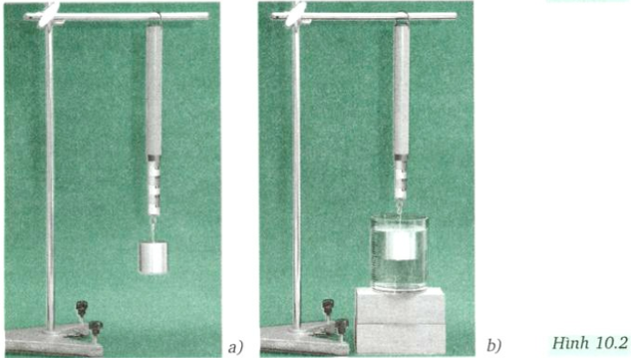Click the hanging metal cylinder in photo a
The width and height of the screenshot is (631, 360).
[x=153, y=257]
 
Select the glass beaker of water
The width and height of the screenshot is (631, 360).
[x=399, y=253]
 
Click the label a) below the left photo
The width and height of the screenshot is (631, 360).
[x=235, y=347]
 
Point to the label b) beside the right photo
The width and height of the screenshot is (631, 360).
[x=494, y=345]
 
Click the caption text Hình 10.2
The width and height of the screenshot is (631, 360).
[x=589, y=343]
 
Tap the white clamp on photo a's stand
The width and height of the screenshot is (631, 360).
[x=48, y=15]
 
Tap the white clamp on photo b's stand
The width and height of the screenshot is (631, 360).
[x=295, y=15]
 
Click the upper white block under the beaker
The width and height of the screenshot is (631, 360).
[x=400, y=306]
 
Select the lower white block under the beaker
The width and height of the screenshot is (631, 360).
[x=400, y=339]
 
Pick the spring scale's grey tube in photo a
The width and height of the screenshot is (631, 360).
[x=154, y=90]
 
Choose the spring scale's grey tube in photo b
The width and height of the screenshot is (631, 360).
[x=401, y=90]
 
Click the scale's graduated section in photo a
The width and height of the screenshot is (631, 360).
[x=154, y=185]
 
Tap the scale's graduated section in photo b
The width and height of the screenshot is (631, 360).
[x=401, y=178]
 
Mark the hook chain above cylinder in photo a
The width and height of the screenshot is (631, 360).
[x=153, y=228]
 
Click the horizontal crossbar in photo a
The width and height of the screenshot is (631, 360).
[x=117, y=17]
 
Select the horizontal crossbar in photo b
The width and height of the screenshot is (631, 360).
[x=364, y=17]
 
